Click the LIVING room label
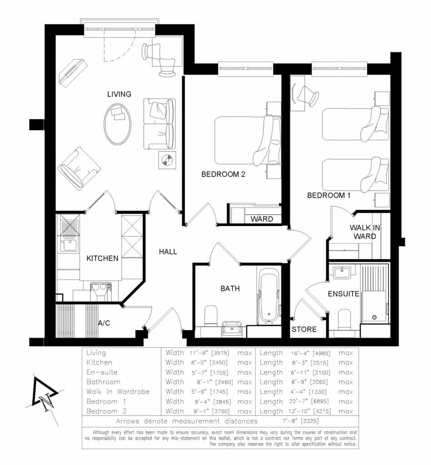point(119,94)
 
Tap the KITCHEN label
point(102,258)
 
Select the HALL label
point(168,252)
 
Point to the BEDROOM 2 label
point(223,174)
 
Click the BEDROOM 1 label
point(329,196)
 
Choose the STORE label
point(304,329)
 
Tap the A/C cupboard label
point(104,323)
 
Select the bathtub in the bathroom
point(270,296)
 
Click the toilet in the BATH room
point(210,316)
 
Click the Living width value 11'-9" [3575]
point(208,353)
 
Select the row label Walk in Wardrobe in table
point(118,391)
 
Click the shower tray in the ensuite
point(374,293)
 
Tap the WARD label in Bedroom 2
point(262,219)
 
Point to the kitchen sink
point(69,245)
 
